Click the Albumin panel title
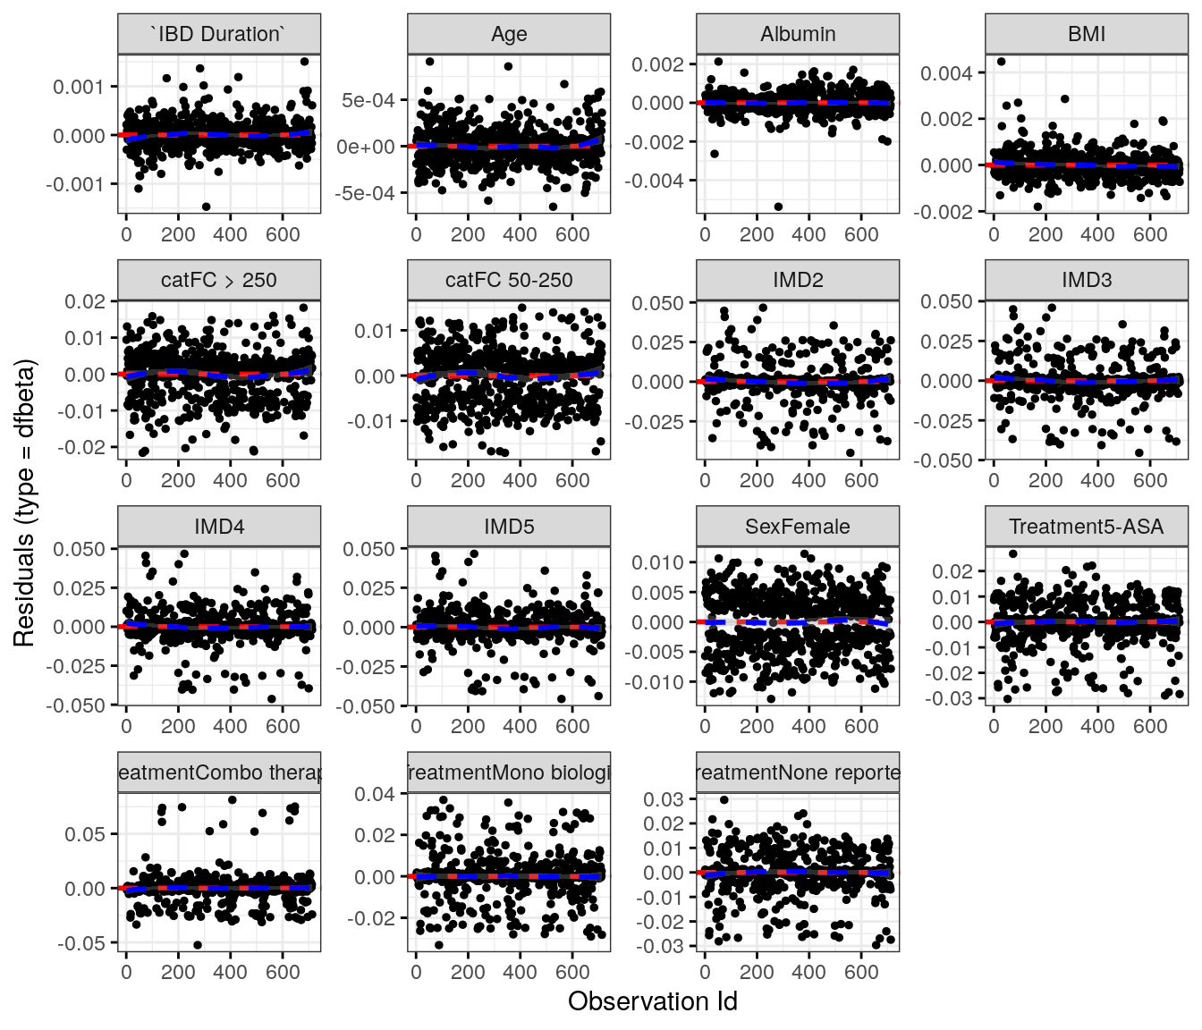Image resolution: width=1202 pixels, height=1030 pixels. tap(798, 34)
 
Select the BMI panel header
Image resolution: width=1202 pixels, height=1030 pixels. tap(1087, 34)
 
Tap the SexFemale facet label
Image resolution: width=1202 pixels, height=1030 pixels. tap(798, 527)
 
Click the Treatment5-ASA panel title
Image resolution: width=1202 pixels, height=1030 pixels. tap(1087, 527)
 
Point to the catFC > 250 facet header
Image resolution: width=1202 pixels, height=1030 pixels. tap(219, 280)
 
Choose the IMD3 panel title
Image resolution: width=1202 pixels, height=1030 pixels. tap(1087, 280)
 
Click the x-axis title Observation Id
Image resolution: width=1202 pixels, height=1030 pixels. tap(652, 1001)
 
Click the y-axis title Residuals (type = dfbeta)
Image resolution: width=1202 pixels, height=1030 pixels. tap(24, 503)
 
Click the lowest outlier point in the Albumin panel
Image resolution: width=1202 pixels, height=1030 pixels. tap(778, 207)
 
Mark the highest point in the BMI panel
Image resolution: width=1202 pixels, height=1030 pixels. tap(1002, 62)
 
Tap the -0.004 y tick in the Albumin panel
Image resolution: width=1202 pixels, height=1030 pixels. tap(657, 181)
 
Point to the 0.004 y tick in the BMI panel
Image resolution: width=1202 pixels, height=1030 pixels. tap(947, 73)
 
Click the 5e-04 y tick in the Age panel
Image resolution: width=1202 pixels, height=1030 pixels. tap(368, 100)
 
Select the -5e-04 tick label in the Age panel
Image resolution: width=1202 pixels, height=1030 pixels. tap(365, 193)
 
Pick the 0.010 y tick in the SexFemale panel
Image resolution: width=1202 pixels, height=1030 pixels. tap(657, 562)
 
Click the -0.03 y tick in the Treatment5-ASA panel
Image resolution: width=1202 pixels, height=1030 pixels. tap(954, 698)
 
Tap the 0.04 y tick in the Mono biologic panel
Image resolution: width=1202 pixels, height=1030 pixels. tap(375, 794)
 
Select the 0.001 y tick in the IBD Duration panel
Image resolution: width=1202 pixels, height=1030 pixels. tap(79, 87)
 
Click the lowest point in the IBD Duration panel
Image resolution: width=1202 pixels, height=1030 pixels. tap(206, 207)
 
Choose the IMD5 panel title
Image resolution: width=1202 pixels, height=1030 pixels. tap(509, 527)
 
